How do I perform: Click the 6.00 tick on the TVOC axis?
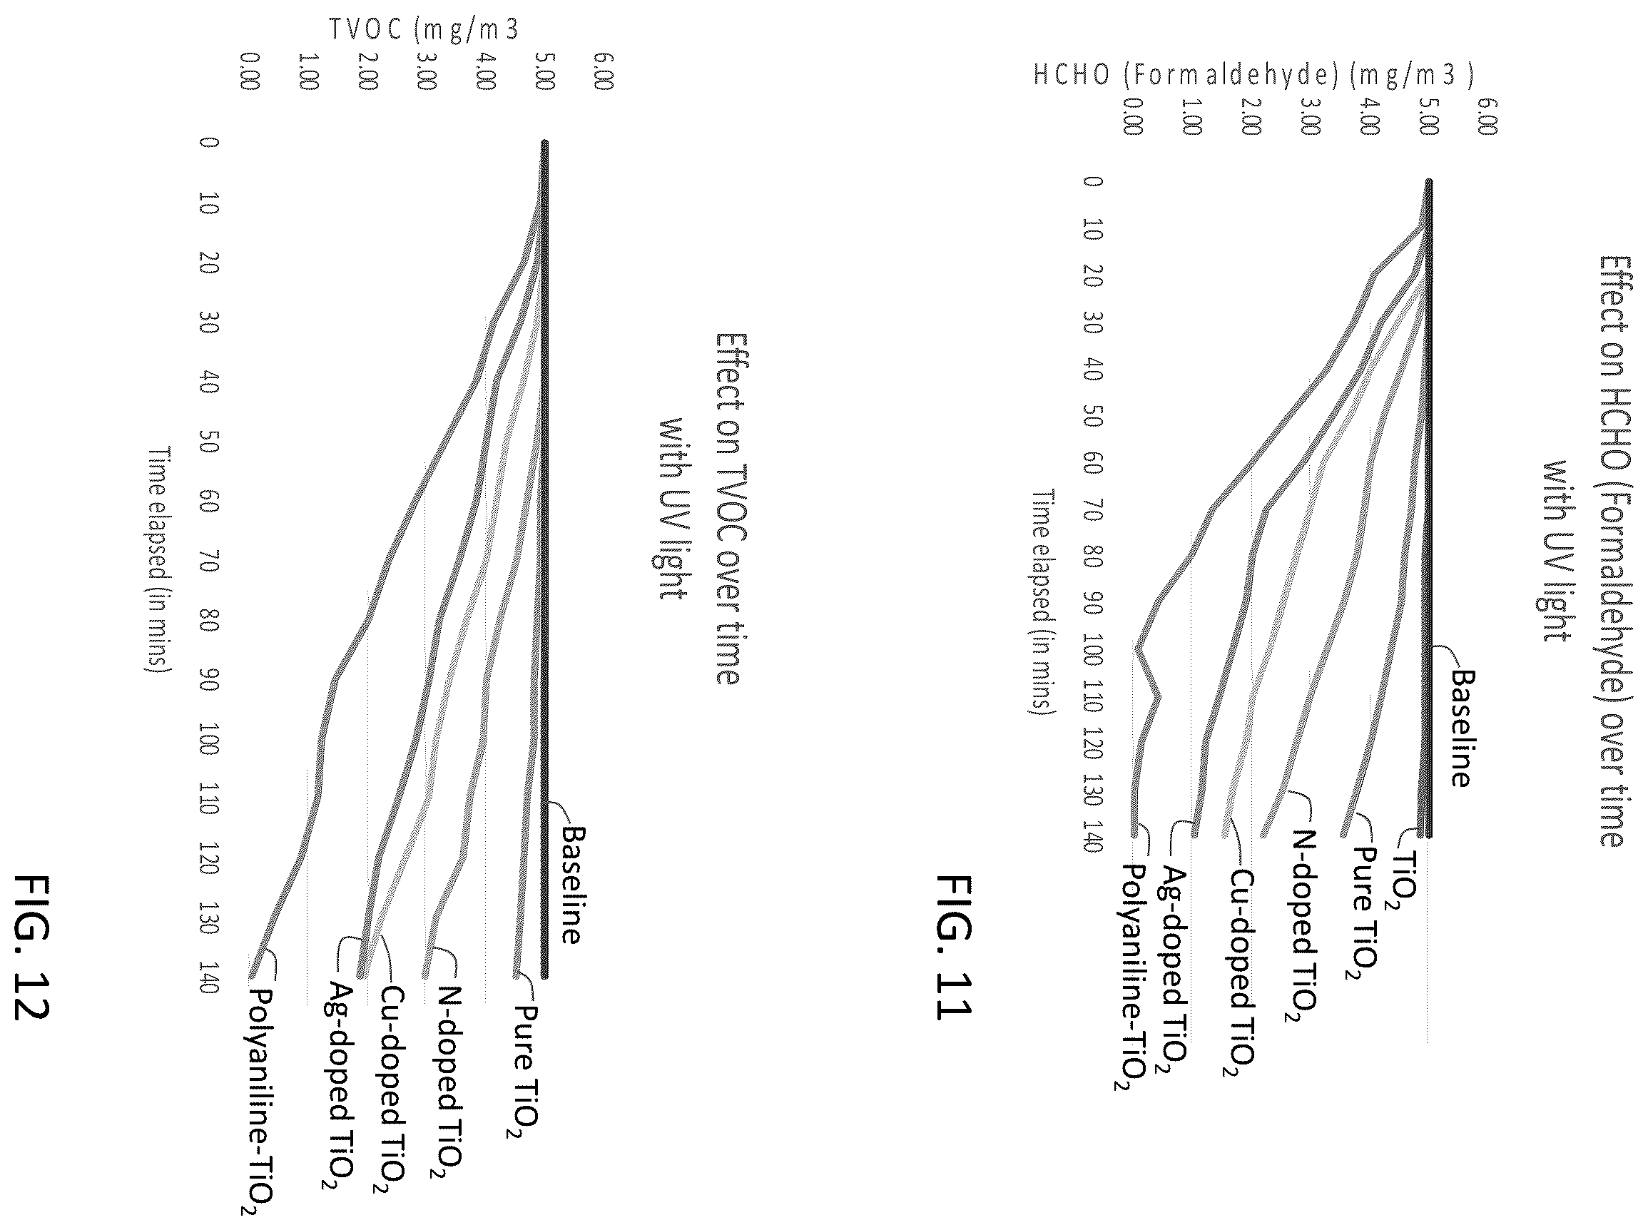(604, 71)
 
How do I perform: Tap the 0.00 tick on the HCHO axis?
(1132, 117)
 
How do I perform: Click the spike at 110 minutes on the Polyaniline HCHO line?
(1158, 698)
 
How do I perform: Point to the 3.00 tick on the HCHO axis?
(1309, 117)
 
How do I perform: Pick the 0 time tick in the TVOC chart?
(209, 141)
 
